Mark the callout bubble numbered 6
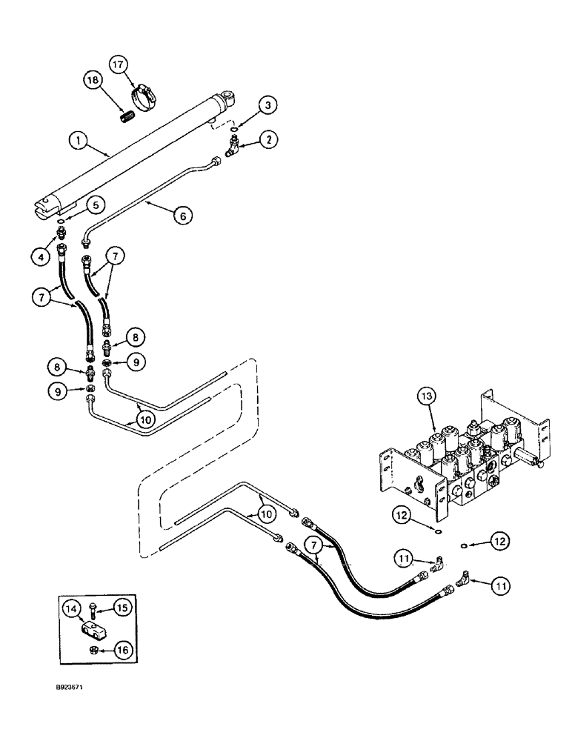coord(184,215)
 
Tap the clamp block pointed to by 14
coord(91,631)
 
